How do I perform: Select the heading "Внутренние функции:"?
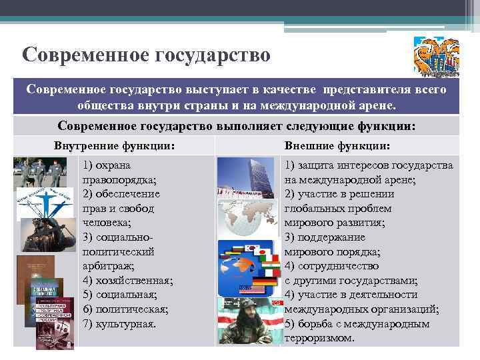coord(115,146)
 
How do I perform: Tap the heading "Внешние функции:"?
coord(337,146)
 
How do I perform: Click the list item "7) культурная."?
coord(119,324)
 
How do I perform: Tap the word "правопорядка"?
coord(118,179)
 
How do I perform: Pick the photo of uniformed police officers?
coord(39,172)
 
